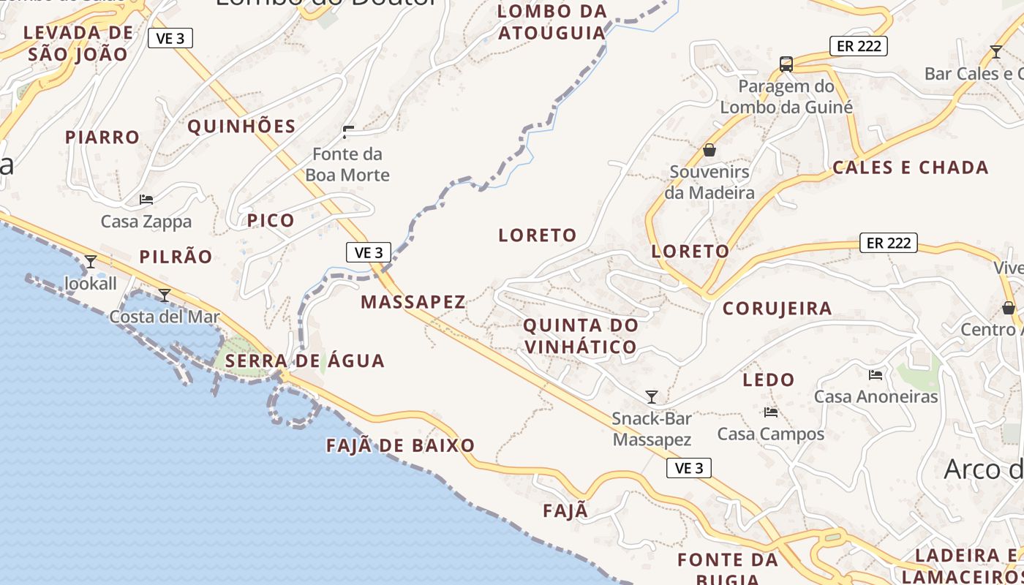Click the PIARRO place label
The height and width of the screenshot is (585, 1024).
click(x=102, y=137)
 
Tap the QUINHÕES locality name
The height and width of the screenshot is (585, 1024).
click(x=241, y=127)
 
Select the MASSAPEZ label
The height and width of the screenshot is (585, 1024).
click(x=413, y=302)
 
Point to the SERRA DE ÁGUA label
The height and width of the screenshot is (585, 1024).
click(x=304, y=361)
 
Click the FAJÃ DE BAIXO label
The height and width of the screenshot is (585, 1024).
click(x=400, y=445)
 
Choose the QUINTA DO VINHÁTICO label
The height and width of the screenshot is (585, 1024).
click(x=581, y=336)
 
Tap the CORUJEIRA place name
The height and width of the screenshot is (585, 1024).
click(x=777, y=309)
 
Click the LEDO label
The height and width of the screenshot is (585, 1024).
click(x=768, y=380)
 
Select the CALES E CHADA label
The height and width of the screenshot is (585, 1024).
click(x=911, y=167)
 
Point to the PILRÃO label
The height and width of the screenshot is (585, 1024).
click(x=176, y=257)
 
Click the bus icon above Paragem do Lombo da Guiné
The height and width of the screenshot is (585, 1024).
click(x=786, y=64)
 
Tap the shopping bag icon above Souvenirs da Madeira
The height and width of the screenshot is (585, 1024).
click(x=709, y=150)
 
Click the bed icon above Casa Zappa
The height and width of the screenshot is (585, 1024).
click(x=146, y=200)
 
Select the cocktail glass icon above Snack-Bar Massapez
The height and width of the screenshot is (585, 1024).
click(x=652, y=397)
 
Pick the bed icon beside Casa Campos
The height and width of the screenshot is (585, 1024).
click(x=770, y=412)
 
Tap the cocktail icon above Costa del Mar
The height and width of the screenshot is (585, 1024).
click(x=165, y=295)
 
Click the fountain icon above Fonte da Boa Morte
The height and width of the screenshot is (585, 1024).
click(x=348, y=132)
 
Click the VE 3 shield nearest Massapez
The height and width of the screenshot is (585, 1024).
click(x=368, y=253)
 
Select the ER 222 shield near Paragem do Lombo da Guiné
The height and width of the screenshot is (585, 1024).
click(x=858, y=46)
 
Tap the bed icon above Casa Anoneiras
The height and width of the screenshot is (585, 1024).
click(x=876, y=375)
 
